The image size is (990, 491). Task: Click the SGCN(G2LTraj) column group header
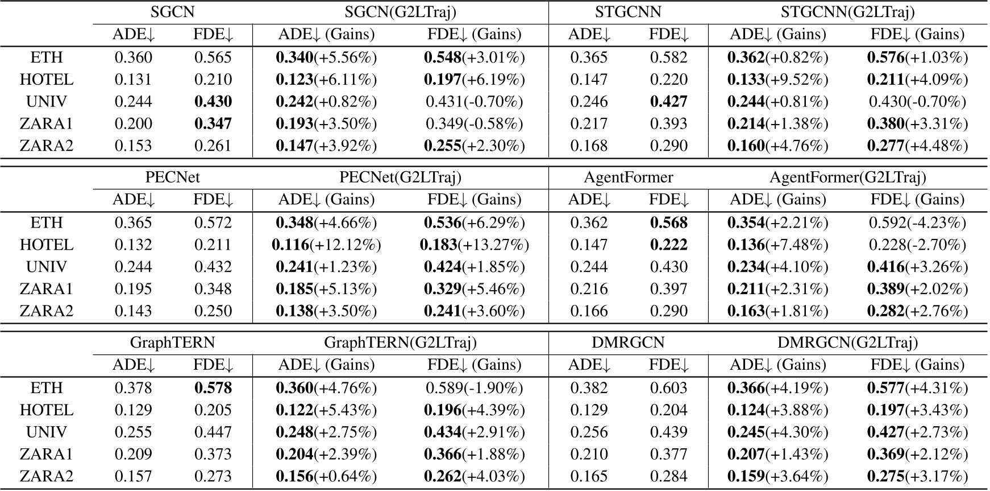tap(400, 12)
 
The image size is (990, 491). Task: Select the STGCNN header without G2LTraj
tap(628, 12)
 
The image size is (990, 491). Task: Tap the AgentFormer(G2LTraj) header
tap(847, 178)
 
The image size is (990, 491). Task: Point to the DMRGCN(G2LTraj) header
tap(847, 343)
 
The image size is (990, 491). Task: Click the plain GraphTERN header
tap(173, 343)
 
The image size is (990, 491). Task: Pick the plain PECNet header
tap(173, 178)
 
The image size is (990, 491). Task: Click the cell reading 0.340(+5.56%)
tap(326, 57)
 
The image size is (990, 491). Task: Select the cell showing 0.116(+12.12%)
tap(326, 245)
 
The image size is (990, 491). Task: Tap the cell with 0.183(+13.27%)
tap(475, 245)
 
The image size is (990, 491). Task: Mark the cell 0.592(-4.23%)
tap(917, 223)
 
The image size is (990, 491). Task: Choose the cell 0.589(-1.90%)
tap(475, 388)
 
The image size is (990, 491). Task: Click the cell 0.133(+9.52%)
tap(777, 80)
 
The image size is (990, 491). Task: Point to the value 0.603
tap(668, 388)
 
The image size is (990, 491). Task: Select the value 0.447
tap(213, 432)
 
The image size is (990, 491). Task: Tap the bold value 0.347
tap(213, 124)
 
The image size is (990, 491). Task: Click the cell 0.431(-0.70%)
tap(475, 102)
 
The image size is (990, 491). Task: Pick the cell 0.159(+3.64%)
tap(777, 477)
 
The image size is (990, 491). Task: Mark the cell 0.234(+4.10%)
tap(777, 267)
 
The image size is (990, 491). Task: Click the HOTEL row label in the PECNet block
tap(47, 245)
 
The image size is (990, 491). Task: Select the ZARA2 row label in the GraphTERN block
tap(47, 477)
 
